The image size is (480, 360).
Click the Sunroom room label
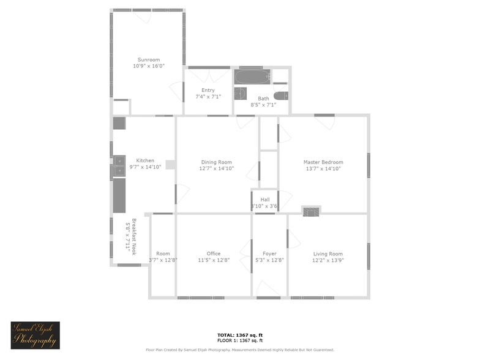(149, 59)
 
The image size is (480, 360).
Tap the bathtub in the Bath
(252, 77)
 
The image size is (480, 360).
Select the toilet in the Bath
(280, 96)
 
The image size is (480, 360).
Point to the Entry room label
(208, 90)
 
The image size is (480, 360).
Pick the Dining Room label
(217, 162)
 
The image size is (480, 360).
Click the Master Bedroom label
(323, 162)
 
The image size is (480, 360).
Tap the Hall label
(265, 200)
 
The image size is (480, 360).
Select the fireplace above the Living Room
(311, 211)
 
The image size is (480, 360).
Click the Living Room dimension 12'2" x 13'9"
(328, 260)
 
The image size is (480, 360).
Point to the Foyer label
(269, 253)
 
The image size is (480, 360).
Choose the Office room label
(214, 253)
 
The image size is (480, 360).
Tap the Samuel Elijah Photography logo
(35, 335)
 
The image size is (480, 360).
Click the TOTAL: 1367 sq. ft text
(240, 335)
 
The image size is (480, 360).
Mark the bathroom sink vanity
(241, 94)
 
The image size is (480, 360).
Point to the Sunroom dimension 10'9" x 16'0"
(149, 66)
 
